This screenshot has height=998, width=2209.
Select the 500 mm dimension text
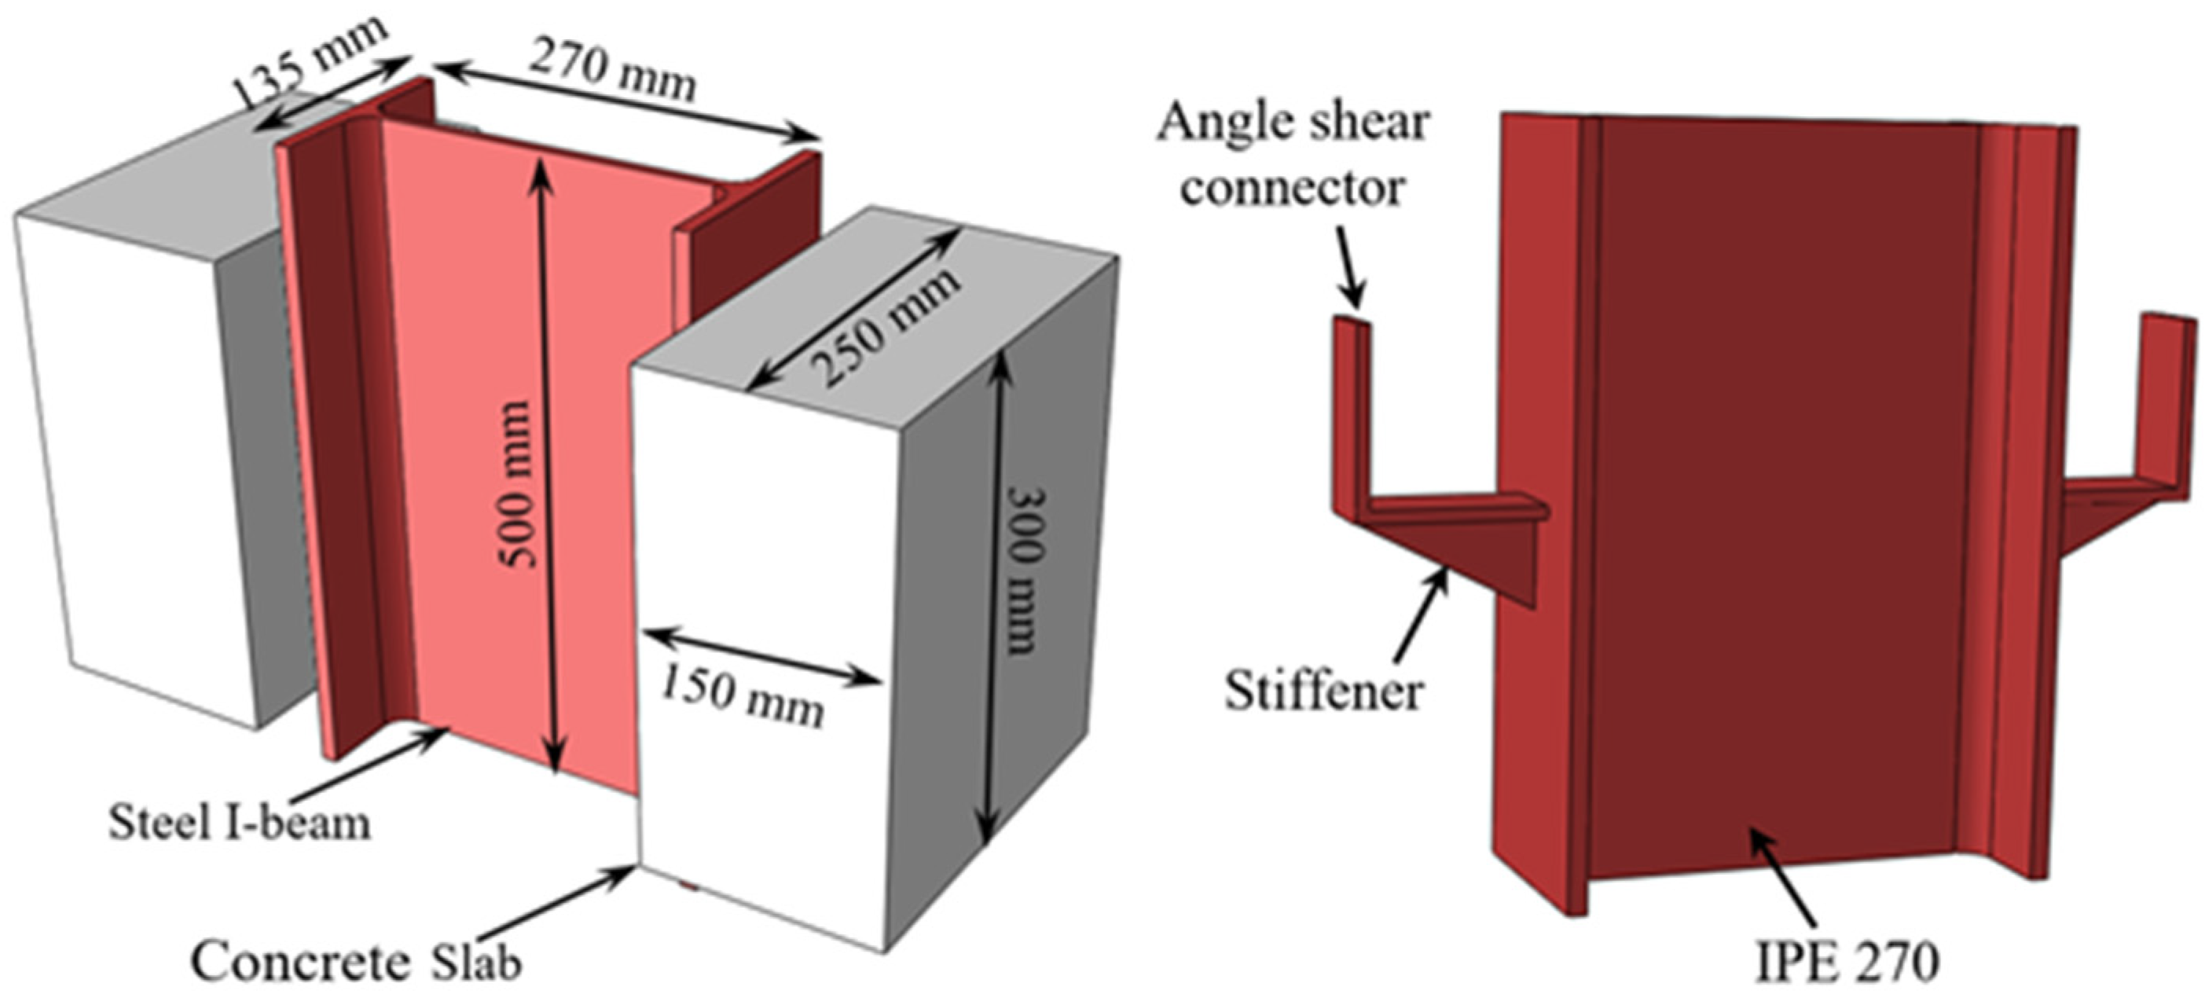tap(518, 483)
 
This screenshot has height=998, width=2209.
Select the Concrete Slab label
tap(356, 962)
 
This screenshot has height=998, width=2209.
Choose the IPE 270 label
tap(1844, 963)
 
